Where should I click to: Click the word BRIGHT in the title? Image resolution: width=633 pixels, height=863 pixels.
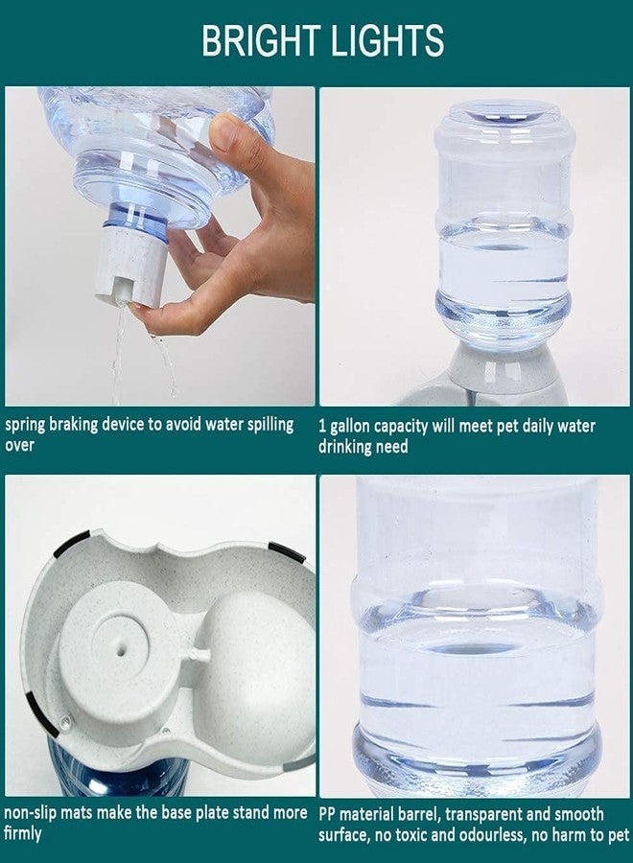pyautogui.click(x=261, y=40)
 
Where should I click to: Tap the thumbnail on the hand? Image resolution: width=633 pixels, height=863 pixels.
pyautogui.click(x=223, y=132)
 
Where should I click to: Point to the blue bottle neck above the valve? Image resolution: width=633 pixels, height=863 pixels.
pyautogui.click(x=135, y=219)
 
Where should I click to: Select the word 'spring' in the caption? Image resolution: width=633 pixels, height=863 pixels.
pyautogui.click(x=25, y=426)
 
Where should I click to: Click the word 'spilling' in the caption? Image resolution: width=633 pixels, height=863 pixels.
pyautogui.click(x=270, y=426)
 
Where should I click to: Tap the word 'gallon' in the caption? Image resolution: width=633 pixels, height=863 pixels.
pyautogui.click(x=349, y=427)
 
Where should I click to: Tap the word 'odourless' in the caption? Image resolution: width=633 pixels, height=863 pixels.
pyautogui.click(x=489, y=835)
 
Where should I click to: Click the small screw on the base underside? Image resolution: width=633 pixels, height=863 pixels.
pyautogui.click(x=65, y=720)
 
